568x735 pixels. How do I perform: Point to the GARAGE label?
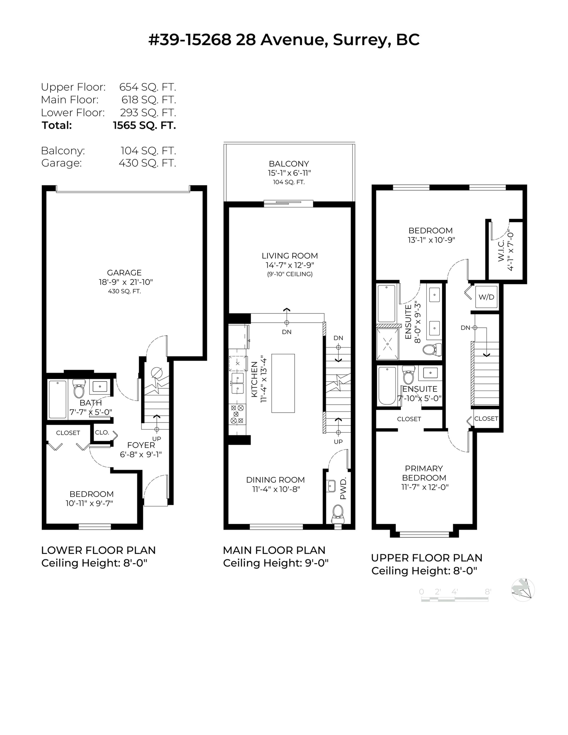124,273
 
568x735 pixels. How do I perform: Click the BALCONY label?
289,164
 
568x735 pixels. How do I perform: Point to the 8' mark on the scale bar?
488,592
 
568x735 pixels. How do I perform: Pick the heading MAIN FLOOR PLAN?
274,550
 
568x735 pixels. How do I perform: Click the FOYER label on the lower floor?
141,445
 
